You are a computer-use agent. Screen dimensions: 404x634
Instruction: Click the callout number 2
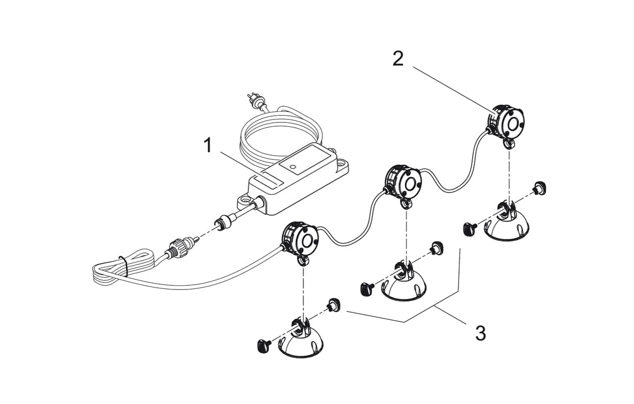[x=398, y=59]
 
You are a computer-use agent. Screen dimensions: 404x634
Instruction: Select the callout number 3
[x=480, y=333]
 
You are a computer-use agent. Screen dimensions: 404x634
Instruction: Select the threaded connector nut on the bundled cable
[x=176, y=247]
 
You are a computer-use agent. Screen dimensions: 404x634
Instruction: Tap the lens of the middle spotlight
[x=409, y=183]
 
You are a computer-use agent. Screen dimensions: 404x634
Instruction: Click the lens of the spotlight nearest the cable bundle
[x=306, y=241]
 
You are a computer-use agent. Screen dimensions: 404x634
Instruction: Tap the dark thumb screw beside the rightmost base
[x=469, y=229]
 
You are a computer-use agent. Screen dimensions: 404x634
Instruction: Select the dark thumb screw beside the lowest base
[x=263, y=346]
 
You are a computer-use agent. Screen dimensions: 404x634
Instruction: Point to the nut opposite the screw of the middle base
[x=436, y=247]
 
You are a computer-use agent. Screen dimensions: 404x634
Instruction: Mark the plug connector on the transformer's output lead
[x=220, y=223]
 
